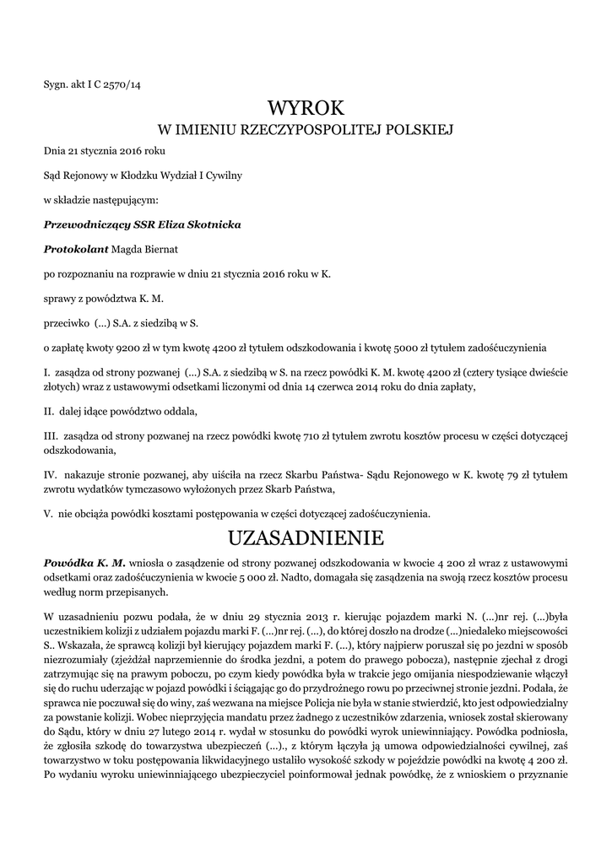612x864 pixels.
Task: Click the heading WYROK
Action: click(306, 108)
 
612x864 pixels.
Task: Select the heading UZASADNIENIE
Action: click(306, 537)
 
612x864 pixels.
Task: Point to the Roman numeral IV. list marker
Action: click(51, 477)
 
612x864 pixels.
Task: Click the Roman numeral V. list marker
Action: click(49, 512)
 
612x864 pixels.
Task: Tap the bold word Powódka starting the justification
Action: click(68, 562)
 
